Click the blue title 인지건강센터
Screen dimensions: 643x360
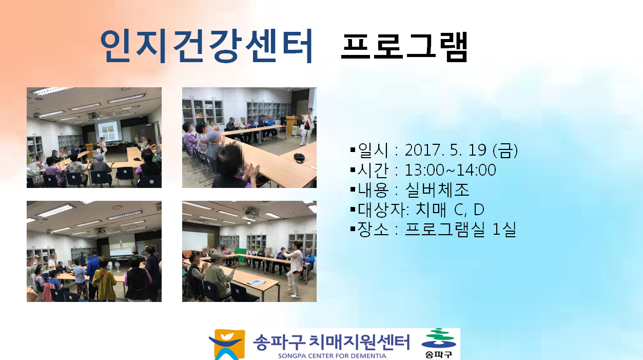[x=206, y=46]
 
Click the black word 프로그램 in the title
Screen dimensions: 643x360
[x=404, y=47]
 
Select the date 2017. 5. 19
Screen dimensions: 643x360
[x=445, y=149]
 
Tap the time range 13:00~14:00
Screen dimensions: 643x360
[x=450, y=170]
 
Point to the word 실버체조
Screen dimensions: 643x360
[x=437, y=190]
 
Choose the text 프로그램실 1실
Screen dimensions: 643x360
[x=460, y=229]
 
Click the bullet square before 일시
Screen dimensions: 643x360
[x=353, y=150]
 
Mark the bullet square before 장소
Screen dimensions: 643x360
[x=353, y=229]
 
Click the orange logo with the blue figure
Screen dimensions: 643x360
[x=227, y=345]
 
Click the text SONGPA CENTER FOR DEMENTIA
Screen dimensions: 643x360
[x=332, y=356]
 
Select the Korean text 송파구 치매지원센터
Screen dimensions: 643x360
[x=332, y=342]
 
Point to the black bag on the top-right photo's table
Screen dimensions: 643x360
[x=299, y=157]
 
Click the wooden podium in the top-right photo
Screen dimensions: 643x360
[x=292, y=125]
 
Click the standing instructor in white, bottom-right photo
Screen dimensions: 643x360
[x=295, y=269]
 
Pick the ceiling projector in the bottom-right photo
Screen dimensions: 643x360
[x=251, y=212]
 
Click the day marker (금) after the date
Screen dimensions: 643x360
[x=505, y=150]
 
